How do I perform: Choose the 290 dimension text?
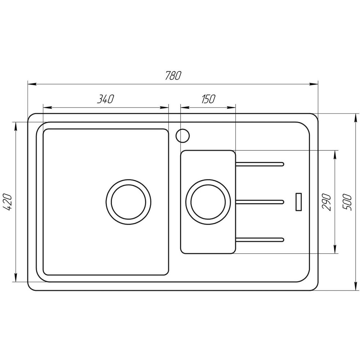[x=327, y=202]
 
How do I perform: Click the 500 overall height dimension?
[x=347, y=202]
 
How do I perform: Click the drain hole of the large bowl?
[x=129, y=202]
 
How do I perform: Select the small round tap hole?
[x=182, y=135]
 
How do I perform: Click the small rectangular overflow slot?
[x=298, y=202]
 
